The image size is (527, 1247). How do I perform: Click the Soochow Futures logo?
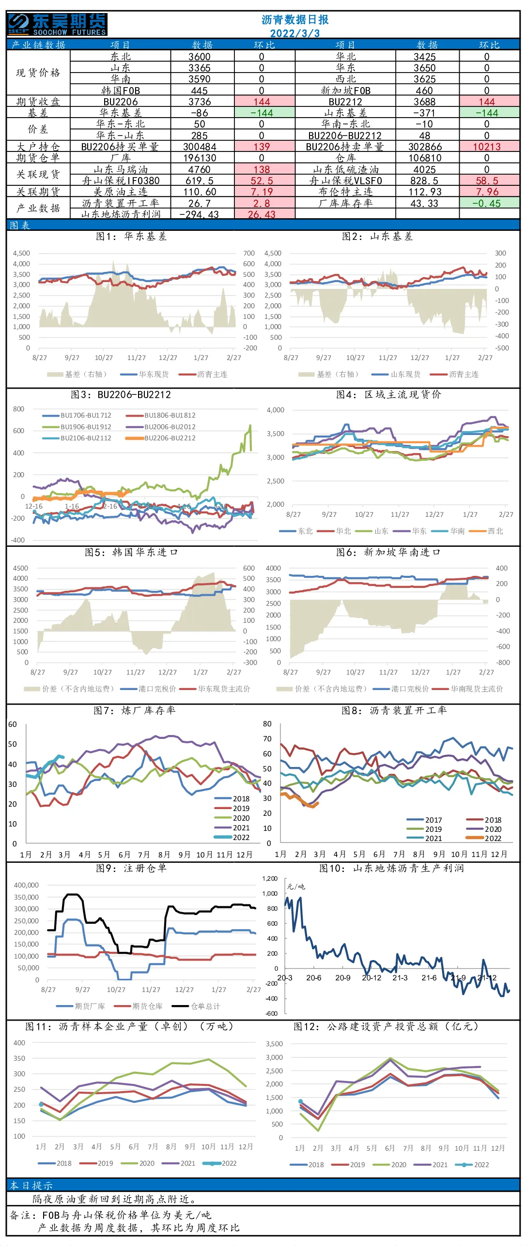[x=57, y=24]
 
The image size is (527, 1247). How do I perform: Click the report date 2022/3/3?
[x=295, y=33]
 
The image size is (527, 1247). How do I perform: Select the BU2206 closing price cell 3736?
[x=200, y=102]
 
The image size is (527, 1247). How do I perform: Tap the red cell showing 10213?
[x=487, y=147]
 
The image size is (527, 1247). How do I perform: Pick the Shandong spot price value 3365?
[x=200, y=68]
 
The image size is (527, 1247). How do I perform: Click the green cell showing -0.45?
[x=487, y=203]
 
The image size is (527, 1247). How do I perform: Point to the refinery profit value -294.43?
[x=199, y=214]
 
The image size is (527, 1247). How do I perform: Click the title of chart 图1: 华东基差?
[x=131, y=236]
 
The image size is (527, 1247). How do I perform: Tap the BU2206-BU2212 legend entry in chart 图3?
[x=161, y=438]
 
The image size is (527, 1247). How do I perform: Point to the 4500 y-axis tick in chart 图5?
[x=20, y=568]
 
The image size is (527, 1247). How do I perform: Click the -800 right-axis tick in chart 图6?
[x=503, y=663]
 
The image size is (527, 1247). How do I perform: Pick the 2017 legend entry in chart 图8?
[x=424, y=820]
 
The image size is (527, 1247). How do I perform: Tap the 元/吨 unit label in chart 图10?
[x=296, y=887]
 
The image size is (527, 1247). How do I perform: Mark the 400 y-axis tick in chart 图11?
[x=19, y=1043]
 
